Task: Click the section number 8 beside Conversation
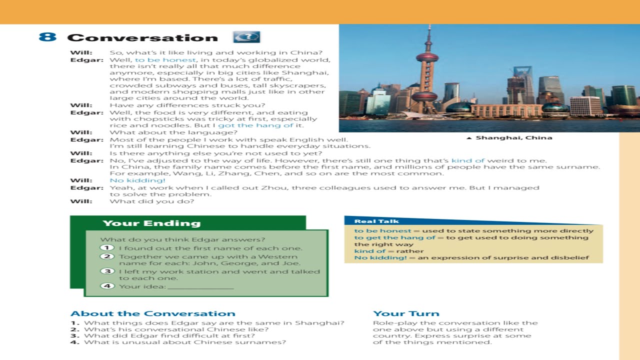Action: pyautogui.click(x=47, y=37)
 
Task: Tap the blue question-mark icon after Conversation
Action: pyautogui.click(x=246, y=37)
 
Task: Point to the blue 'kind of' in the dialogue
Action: pyautogui.click(x=468, y=160)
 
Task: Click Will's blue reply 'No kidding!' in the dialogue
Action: pyautogui.click(x=137, y=180)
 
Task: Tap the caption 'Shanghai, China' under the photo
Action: pyautogui.click(x=513, y=138)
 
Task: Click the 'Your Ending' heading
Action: pyautogui.click(x=151, y=223)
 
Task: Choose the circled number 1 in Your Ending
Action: pyautogui.click(x=107, y=248)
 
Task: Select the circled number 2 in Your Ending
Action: pyautogui.click(x=107, y=256)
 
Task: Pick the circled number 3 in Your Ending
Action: pyautogui.click(x=107, y=271)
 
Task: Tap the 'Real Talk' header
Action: pyautogui.click(x=369, y=221)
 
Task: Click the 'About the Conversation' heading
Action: pyautogui.click(x=152, y=314)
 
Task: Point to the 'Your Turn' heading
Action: pyautogui.click(x=406, y=314)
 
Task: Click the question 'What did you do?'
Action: pyautogui.click(x=151, y=201)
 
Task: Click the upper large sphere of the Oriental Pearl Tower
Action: pyautogui.click(x=427, y=57)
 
